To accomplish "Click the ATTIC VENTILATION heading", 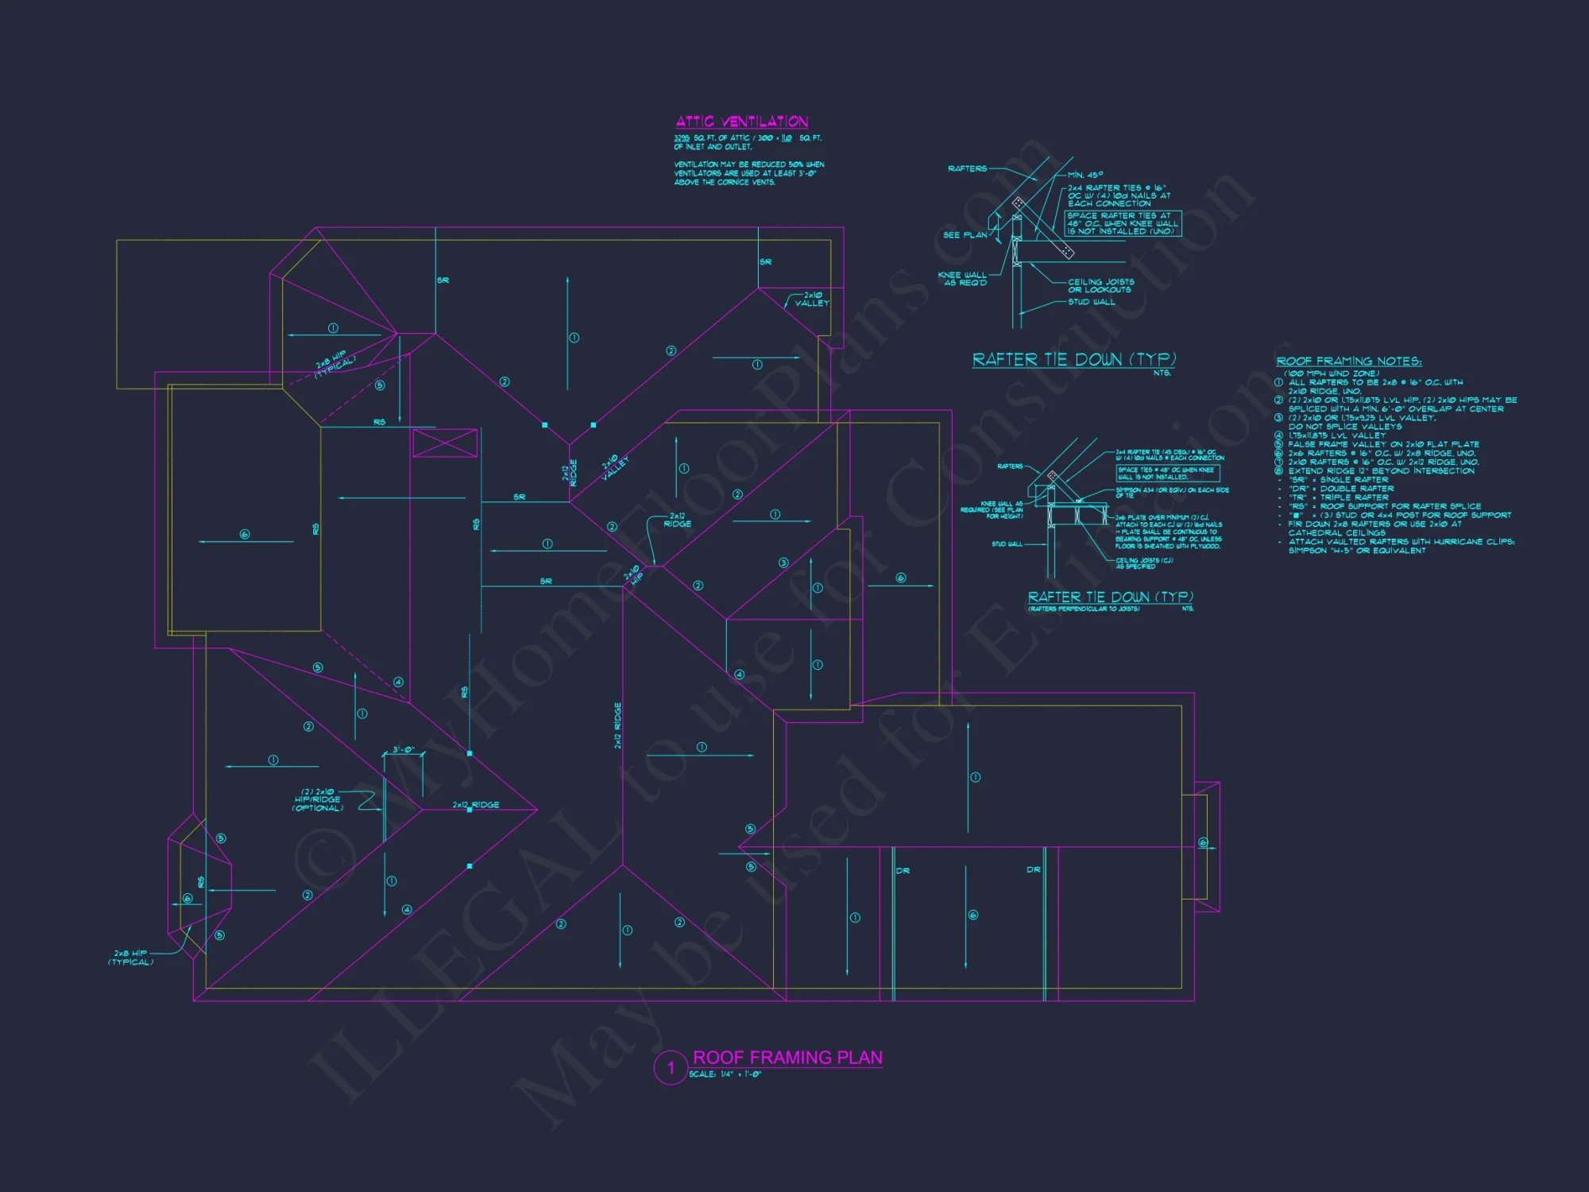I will pyautogui.click(x=741, y=122).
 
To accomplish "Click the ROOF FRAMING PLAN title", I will pyautogui.click(x=787, y=1058).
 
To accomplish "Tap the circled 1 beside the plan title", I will pyautogui.click(x=670, y=1067).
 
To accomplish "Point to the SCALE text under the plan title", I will pyautogui.click(x=725, y=1074).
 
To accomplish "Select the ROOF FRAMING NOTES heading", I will pyautogui.click(x=1348, y=362).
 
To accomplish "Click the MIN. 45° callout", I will pyautogui.click(x=1085, y=175).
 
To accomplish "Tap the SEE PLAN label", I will pyautogui.click(x=965, y=235).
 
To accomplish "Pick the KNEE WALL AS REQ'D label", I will pyautogui.click(x=962, y=279).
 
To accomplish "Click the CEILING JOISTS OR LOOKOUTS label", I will pyautogui.click(x=1100, y=285).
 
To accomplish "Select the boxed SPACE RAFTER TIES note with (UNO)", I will pyautogui.click(x=1123, y=223).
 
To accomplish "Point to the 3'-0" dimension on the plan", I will pyautogui.click(x=404, y=750).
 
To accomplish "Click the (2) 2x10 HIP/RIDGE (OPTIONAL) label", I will pyautogui.click(x=318, y=799).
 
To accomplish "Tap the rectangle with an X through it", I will pyautogui.click(x=445, y=443).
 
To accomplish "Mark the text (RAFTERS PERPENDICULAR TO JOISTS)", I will pyautogui.click(x=1084, y=609).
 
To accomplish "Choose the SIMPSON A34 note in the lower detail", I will pyautogui.click(x=1171, y=493).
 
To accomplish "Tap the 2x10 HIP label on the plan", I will pyautogui.click(x=633, y=575).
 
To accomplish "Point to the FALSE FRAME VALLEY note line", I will pyautogui.click(x=1383, y=445).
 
